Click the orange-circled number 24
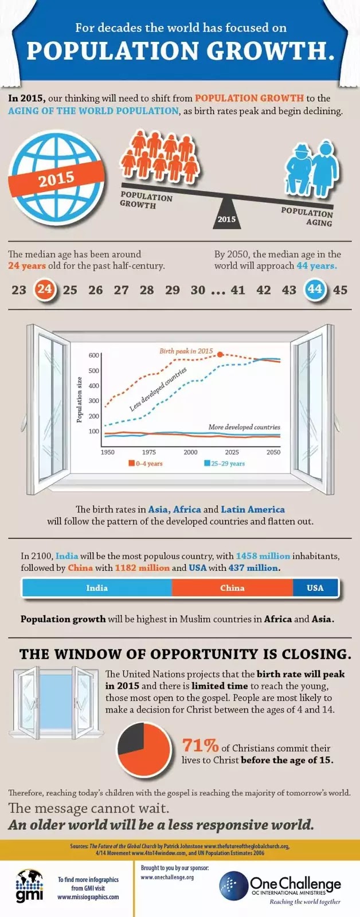tap(45, 289)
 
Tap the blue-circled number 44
tap(315, 289)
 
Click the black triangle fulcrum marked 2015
tap(226, 213)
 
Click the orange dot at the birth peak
tap(220, 354)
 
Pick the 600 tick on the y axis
tap(94, 355)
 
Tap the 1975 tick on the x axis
tap(149, 452)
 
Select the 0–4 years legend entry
tap(146, 464)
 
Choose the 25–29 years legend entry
tap(225, 464)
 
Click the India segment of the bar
tap(97, 588)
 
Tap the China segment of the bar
tap(232, 588)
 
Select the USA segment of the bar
tap(315, 588)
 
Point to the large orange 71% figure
tap(200, 745)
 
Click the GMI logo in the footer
tap(29, 885)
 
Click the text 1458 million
tap(263, 556)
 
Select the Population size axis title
tap(80, 399)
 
